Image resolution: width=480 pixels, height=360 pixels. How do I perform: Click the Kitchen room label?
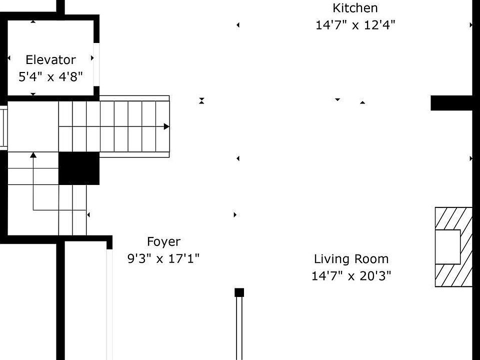(355, 8)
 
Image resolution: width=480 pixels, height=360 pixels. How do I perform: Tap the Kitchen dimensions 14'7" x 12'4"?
(355, 25)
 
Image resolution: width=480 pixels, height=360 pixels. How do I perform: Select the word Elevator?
(50, 59)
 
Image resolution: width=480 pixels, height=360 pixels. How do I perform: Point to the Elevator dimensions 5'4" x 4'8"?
(50, 76)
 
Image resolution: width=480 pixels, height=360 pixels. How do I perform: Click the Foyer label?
(164, 241)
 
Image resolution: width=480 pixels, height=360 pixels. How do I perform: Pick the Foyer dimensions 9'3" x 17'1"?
(163, 258)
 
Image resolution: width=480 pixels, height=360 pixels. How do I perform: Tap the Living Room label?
(351, 259)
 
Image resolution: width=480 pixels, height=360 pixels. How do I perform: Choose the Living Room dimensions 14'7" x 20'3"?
(351, 276)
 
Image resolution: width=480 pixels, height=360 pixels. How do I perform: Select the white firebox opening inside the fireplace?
(448, 246)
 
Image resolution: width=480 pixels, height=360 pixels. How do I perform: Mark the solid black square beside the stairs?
(79, 168)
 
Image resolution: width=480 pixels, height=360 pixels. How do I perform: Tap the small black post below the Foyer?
(239, 292)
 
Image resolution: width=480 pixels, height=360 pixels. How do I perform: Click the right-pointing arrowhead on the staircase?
(166, 126)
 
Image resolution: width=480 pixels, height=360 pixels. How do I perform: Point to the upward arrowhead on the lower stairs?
(33, 155)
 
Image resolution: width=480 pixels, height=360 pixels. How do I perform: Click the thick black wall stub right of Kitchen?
(451, 103)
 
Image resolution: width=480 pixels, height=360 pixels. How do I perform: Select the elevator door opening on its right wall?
(96, 64)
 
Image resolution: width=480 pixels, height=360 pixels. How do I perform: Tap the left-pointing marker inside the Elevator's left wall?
(9, 58)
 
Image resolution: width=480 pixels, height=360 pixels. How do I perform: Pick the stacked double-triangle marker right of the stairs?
(201, 100)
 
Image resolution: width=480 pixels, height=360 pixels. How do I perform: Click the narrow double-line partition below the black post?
(239, 328)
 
